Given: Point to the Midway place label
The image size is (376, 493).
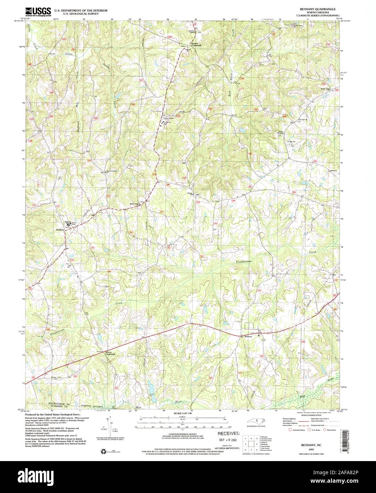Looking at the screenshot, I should coord(248,336).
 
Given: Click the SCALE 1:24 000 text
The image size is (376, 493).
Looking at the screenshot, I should coord(187,414).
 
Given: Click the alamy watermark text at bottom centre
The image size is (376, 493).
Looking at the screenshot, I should coord(188,477).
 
